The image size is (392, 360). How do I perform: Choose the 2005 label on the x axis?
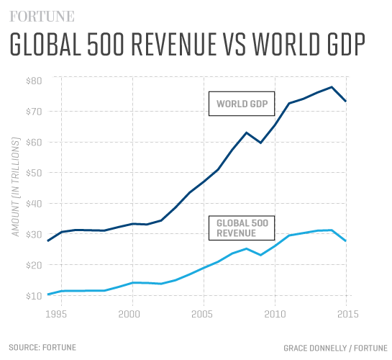pos(202,314)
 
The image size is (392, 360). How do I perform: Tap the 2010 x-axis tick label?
pos(274,314)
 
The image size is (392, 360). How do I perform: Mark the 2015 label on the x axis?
pos(346,314)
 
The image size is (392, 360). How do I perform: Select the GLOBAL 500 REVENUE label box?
pos(242,228)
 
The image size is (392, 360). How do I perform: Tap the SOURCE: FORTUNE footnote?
pos(42,347)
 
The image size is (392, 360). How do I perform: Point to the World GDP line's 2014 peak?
pos(332,87)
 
